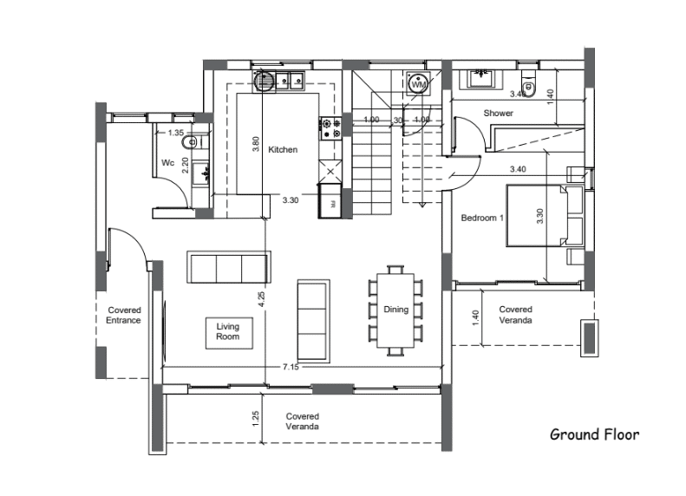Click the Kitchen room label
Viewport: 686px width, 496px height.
pyautogui.click(x=283, y=150)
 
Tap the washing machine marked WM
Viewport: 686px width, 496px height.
pyautogui.click(x=418, y=83)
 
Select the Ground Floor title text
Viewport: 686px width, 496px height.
pyautogui.click(x=594, y=434)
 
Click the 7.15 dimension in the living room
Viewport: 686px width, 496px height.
pyautogui.click(x=291, y=367)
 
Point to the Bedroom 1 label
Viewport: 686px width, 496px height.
pyautogui.click(x=482, y=218)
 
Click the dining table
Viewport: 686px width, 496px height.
pyautogui.click(x=395, y=310)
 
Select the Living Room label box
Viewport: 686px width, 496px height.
pyautogui.click(x=229, y=333)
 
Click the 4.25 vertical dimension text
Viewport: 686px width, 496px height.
pyautogui.click(x=261, y=299)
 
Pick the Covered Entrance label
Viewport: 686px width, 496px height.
pyautogui.click(x=124, y=315)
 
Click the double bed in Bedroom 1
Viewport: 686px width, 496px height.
pyautogui.click(x=545, y=216)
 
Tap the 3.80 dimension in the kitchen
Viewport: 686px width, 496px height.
pyautogui.click(x=256, y=144)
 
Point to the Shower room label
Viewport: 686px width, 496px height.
pyautogui.click(x=498, y=114)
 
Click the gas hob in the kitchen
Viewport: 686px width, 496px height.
pyautogui.click(x=330, y=128)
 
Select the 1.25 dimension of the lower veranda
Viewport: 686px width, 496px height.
pyautogui.click(x=256, y=418)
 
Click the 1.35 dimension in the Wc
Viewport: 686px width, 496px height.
pyautogui.click(x=175, y=133)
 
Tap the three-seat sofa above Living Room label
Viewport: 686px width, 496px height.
pyautogui.click(x=229, y=267)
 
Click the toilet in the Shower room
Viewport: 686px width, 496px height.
pyautogui.click(x=528, y=86)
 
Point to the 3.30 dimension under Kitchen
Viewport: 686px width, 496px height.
pyautogui.click(x=290, y=200)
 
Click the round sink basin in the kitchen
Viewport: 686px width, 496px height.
pyautogui.click(x=264, y=81)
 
